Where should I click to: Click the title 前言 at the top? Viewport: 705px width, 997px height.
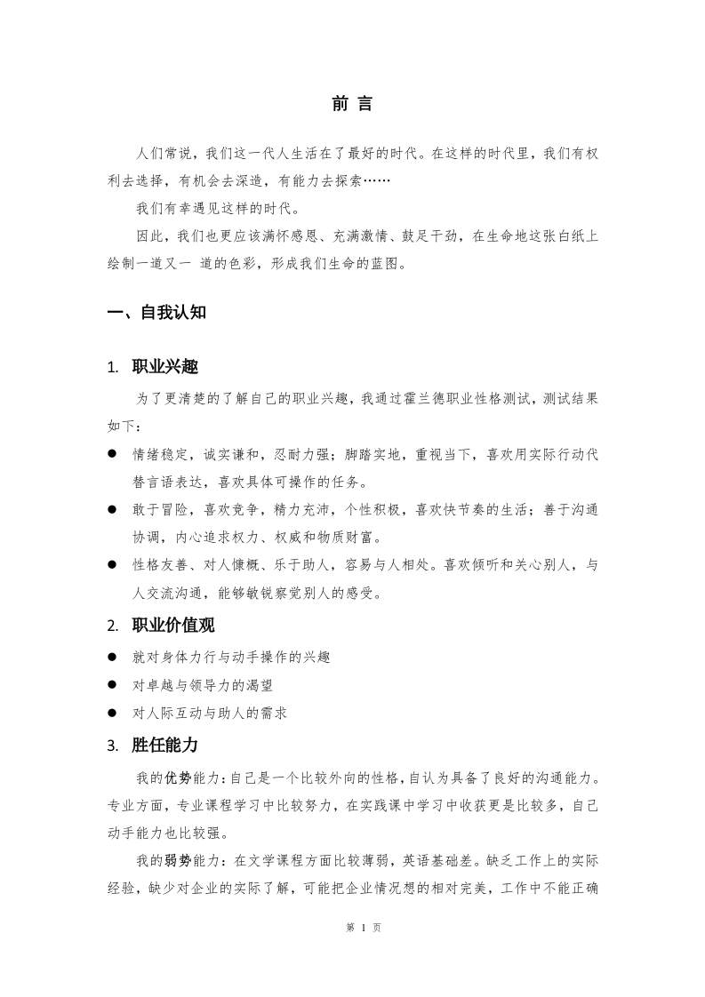coord(352,104)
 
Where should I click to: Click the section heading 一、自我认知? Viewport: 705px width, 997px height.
coord(156,312)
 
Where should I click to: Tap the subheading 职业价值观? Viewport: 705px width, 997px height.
coord(173,626)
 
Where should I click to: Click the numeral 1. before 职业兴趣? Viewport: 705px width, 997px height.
coord(112,368)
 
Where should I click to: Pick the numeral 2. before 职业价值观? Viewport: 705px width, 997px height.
coord(112,626)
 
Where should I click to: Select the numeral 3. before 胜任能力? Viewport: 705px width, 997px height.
coord(112,746)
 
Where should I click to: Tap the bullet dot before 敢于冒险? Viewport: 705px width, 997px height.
coord(113,509)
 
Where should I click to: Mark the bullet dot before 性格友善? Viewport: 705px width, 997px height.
coord(113,564)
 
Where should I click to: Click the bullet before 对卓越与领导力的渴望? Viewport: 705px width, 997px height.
coord(113,684)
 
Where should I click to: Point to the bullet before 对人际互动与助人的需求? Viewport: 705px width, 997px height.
coord(113,712)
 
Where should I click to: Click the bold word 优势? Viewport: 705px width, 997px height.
coord(178,778)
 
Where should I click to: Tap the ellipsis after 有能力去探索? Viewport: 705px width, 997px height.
coord(375,181)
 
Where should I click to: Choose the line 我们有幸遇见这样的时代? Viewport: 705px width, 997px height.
coord(218,209)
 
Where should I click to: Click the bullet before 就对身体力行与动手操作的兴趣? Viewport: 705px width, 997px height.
coord(113,657)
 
